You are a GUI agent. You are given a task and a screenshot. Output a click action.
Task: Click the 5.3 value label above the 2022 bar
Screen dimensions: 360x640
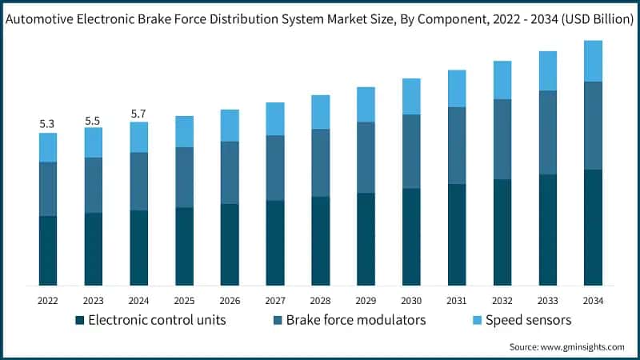47,124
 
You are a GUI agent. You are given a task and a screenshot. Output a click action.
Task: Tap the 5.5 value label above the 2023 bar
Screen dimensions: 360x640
93,120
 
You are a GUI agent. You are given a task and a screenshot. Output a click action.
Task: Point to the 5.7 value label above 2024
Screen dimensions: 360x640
138,114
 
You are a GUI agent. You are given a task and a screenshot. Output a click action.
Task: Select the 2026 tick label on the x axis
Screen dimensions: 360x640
230,300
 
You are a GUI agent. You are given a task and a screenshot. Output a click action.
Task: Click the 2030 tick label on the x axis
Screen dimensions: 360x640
411,300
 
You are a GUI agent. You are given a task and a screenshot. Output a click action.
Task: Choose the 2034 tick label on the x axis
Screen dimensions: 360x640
593,300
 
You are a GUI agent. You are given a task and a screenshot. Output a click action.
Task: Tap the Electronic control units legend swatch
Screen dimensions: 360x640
79,321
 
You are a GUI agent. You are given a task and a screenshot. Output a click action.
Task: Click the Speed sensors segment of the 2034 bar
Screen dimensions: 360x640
593,61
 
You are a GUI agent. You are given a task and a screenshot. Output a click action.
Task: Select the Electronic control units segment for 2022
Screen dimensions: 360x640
47,250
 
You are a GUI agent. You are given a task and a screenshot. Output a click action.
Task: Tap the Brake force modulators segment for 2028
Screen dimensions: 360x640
320,162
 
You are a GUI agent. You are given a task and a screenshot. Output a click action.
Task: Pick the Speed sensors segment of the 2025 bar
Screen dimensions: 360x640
184,131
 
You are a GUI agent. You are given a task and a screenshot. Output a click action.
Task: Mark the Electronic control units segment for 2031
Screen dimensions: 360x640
457,234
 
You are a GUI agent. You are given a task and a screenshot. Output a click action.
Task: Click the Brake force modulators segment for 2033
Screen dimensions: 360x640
547,132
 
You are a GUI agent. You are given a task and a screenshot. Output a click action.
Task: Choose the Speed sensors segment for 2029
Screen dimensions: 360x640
366,104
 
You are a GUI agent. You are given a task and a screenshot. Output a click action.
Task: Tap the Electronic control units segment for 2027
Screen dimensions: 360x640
275,242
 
